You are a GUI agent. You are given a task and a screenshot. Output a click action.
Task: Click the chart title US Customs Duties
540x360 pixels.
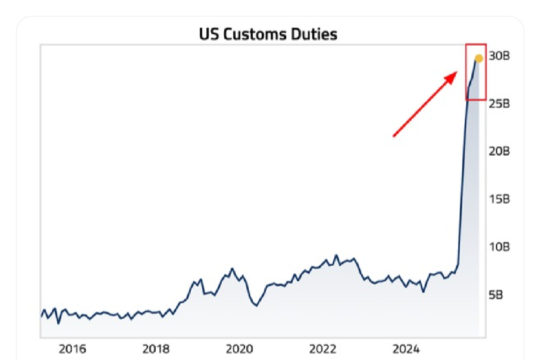click(267, 34)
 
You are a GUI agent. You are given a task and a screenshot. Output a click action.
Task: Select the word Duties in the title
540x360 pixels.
click(316, 34)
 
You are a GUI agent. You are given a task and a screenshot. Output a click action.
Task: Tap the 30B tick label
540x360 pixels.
click(499, 56)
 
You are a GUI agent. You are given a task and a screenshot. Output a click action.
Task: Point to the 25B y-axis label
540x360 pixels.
click(499, 104)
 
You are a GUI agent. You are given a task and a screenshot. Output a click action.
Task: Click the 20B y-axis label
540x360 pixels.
click(499, 151)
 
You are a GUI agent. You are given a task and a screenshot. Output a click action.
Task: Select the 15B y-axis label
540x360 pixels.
click(499, 199)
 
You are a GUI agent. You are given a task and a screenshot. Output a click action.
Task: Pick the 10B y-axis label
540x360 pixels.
click(499, 246)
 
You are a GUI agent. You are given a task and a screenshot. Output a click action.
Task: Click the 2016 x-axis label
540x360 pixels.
click(72, 348)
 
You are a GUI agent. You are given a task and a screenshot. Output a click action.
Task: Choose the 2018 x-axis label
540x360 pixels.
click(156, 348)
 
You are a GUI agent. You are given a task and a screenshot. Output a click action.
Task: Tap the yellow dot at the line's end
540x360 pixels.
click(479, 59)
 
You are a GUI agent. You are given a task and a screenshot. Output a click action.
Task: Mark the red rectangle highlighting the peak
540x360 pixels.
click(476, 72)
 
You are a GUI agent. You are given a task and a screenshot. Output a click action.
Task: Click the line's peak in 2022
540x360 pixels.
click(336, 255)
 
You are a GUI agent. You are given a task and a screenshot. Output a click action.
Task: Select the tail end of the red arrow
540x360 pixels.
click(394, 135)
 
